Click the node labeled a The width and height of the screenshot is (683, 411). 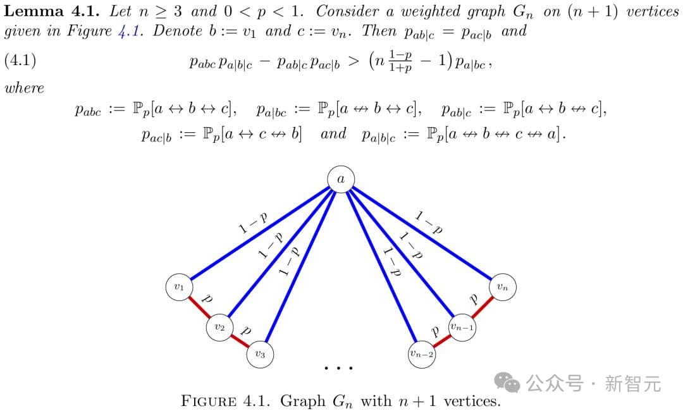[341, 180]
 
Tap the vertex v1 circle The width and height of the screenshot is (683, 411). [178, 288]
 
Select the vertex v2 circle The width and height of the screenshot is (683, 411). [219, 328]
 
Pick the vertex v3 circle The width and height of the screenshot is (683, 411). [260, 354]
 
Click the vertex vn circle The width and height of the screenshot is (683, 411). [502, 288]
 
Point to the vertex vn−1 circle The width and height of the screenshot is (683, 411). [462, 327]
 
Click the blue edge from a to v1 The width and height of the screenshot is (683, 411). [259, 233]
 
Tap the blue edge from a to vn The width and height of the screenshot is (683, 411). [422, 233]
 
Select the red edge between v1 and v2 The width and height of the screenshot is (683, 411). [199, 307]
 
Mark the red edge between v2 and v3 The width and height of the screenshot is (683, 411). [240, 341]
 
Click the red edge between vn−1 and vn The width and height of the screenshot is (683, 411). [483, 307]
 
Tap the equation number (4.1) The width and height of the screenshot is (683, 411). [20, 61]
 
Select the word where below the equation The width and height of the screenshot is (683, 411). [24, 88]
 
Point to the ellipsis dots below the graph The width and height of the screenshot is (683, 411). [338, 367]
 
